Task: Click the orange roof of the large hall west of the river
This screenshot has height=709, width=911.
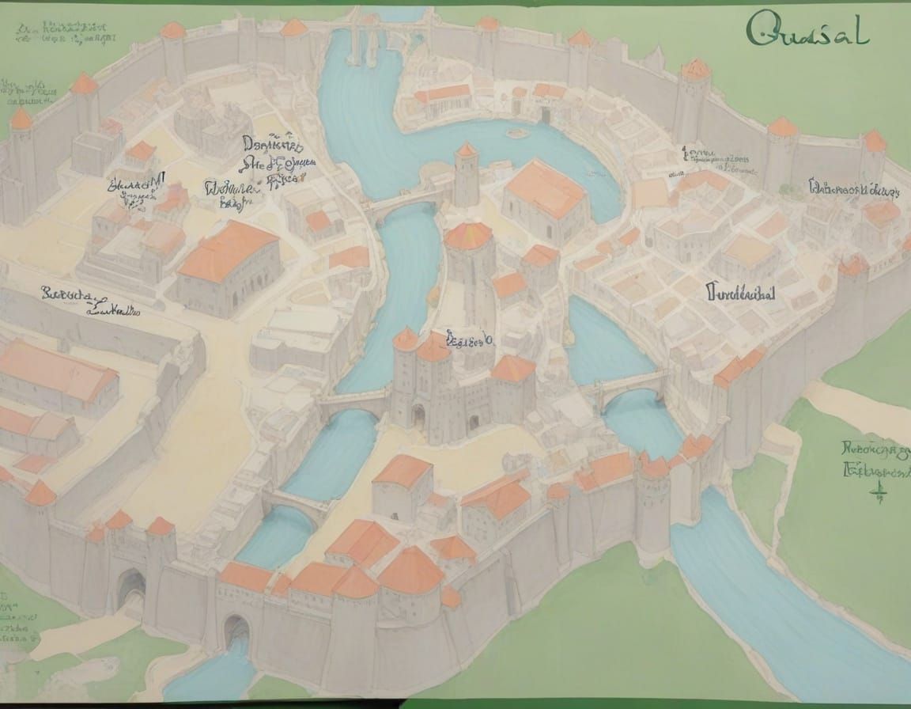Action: click(227, 249)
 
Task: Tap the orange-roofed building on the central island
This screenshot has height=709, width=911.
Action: click(545, 188)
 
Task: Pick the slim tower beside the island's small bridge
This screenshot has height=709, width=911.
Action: click(467, 176)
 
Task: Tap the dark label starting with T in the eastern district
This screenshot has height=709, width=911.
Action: click(740, 293)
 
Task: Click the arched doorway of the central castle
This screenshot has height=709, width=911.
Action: click(418, 414)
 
